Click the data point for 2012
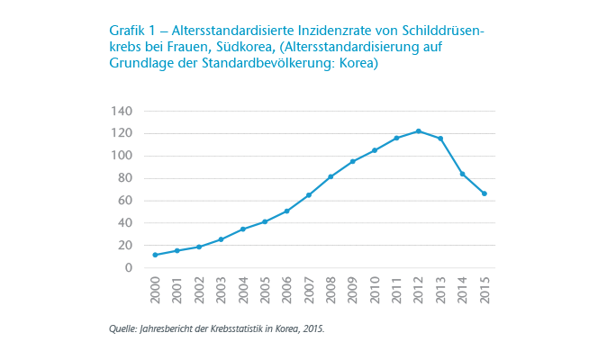click(419, 130)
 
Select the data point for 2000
click(156, 255)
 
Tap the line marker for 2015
click(485, 193)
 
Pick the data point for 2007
click(309, 195)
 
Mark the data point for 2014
click(463, 174)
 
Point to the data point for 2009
click(353, 161)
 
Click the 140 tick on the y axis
click(121, 111)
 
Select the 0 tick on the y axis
click(129, 267)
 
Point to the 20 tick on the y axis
click(124, 245)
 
